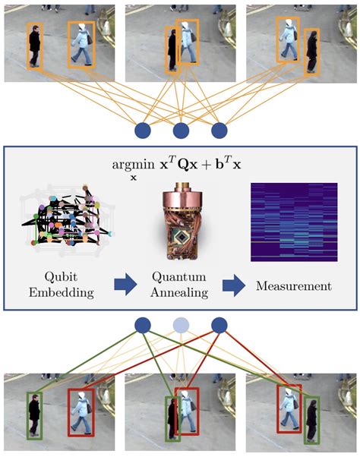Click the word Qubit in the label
click(x=60, y=276)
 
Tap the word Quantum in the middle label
click(x=179, y=276)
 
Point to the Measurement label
click(x=293, y=285)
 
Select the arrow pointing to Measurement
click(x=234, y=285)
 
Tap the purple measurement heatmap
click(x=293, y=221)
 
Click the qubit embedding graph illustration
click(x=65, y=217)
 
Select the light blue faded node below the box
click(x=181, y=326)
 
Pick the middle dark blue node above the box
click(x=181, y=130)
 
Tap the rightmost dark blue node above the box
click(x=219, y=130)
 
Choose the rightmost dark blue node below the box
click(x=219, y=326)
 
